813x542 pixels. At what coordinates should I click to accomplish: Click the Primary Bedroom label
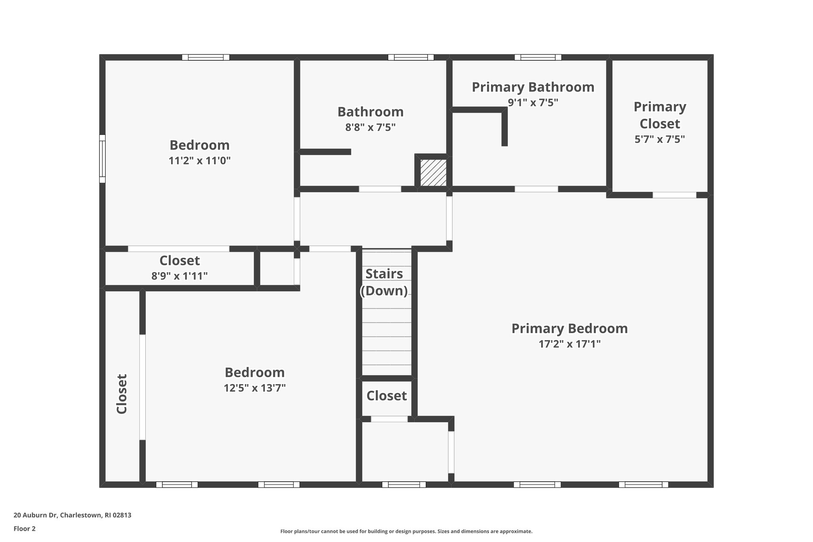tap(569, 328)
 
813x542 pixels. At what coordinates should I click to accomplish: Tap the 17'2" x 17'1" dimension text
tap(569, 344)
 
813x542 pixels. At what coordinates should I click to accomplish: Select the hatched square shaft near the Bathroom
tap(433, 173)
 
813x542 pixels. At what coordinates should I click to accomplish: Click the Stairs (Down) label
tap(384, 282)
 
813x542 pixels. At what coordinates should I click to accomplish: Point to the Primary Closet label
tap(660, 115)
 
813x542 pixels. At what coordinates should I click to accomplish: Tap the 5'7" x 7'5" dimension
tap(660, 139)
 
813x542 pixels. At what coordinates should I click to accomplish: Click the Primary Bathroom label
tap(533, 87)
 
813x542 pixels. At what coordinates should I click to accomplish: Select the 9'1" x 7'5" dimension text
tap(533, 102)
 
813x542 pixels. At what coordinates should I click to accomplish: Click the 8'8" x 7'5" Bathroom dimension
tap(370, 127)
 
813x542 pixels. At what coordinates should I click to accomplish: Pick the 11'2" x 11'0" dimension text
tap(199, 161)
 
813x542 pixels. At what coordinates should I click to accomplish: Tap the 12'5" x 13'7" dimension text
tap(254, 388)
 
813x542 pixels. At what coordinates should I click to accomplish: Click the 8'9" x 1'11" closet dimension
tap(179, 276)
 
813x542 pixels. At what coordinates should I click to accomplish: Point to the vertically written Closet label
tap(122, 393)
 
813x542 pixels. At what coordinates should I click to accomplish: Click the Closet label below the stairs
tap(386, 396)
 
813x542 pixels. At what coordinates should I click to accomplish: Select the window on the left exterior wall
tap(102, 158)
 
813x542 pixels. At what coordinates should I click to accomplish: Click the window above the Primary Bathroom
tap(538, 57)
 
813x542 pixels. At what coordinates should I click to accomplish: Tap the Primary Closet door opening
tap(674, 195)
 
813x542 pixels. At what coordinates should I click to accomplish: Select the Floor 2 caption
tap(25, 528)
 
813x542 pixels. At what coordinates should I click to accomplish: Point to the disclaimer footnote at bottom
tap(406, 531)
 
